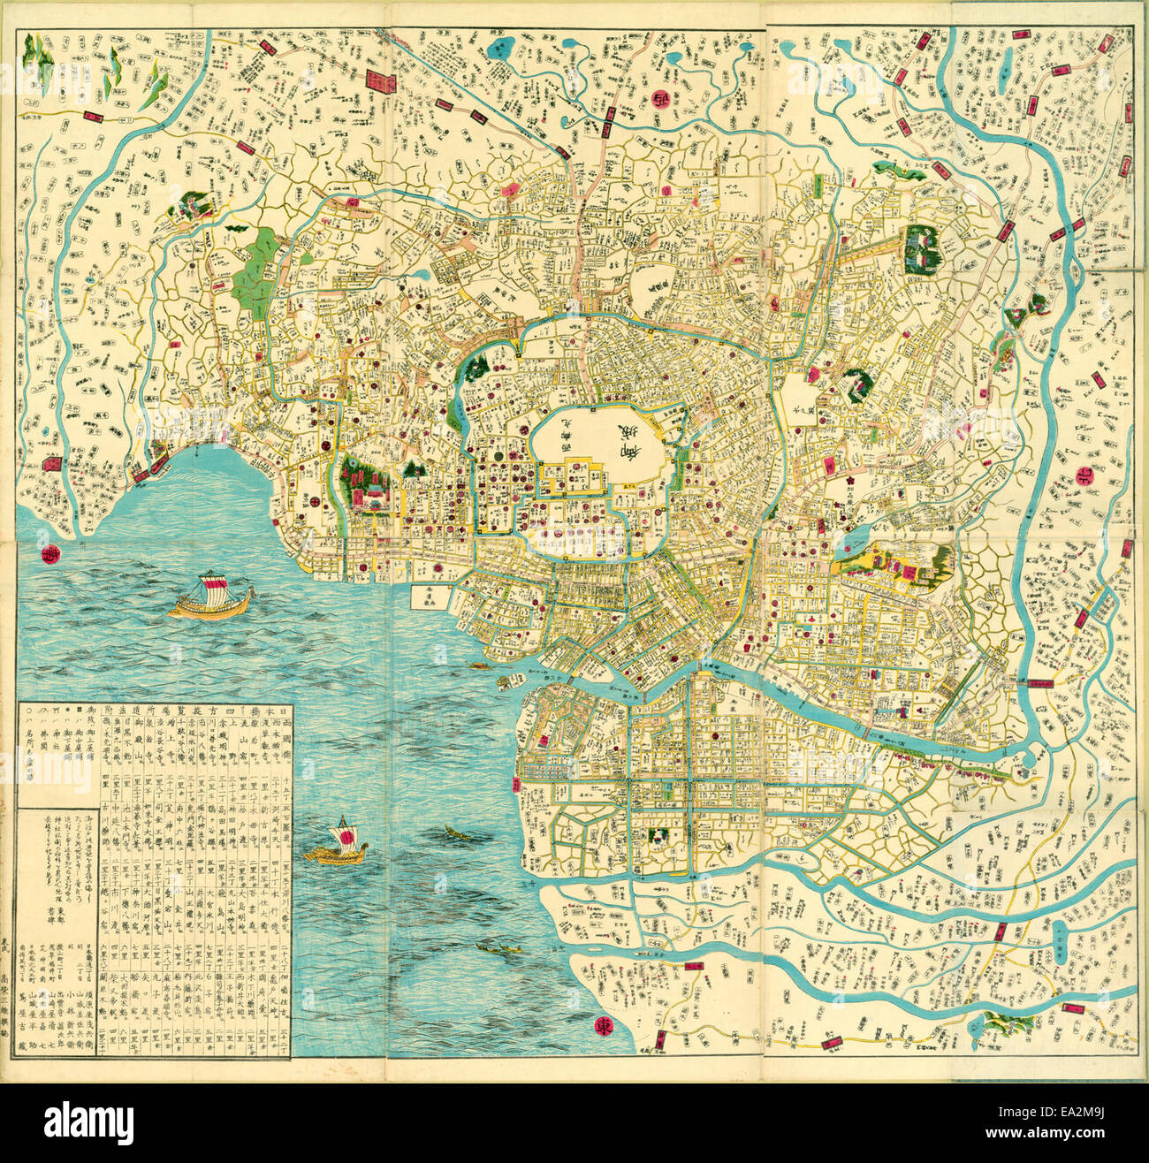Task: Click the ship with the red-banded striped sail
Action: (x=213, y=597)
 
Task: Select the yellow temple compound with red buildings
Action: (x=893, y=566)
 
